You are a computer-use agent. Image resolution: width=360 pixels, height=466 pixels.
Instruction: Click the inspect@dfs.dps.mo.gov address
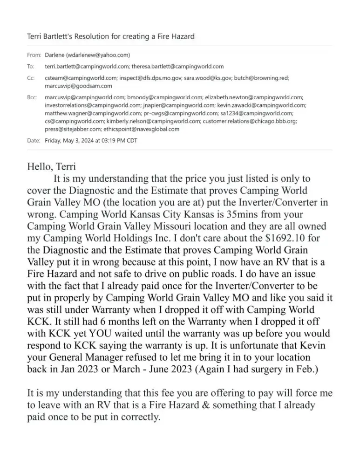(x=154, y=78)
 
